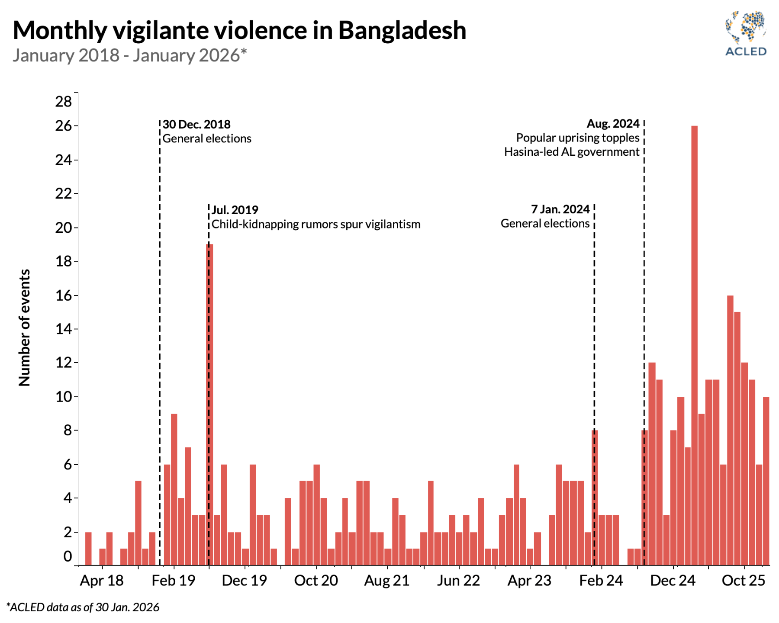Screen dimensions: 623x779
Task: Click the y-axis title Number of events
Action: pos(25,328)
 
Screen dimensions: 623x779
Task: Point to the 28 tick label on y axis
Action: pos(64,102)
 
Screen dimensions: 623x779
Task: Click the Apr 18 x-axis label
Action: pos(102,581)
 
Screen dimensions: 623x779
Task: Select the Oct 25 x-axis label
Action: pos(744,581)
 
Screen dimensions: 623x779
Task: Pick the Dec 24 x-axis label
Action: pos(673,581)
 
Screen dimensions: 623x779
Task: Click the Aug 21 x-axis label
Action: pos(387,581)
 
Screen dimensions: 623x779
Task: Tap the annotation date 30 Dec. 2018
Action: pos(196,125)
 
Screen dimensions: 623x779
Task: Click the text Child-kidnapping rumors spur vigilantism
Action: pos(316,225)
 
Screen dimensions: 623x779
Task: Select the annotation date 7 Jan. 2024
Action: pos(560,209)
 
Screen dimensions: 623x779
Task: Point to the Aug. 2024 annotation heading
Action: pos(613,124)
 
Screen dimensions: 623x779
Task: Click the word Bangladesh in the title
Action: pos(402,30)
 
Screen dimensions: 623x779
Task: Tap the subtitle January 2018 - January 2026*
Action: pos(129,56)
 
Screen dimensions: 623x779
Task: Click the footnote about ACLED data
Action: pos(83,607)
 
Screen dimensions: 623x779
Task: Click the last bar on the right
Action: pos(766,480)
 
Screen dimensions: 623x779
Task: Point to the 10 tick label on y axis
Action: pos(64,397)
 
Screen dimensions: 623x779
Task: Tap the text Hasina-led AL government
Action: pos(572,152)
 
